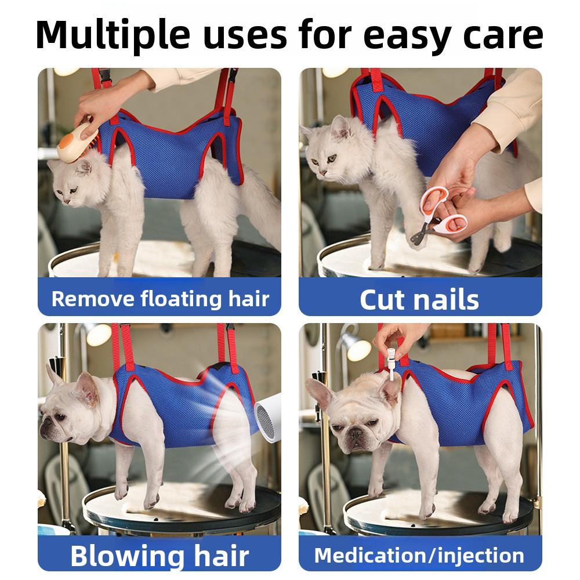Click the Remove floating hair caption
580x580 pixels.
point(160,299)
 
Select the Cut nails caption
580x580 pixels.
point(419,299)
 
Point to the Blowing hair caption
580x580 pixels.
point(159,554)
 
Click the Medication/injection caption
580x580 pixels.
point(419,554)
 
